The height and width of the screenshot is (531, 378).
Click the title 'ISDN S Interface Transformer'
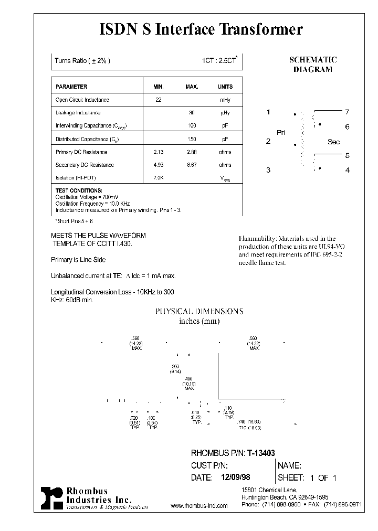[x=201, y=30]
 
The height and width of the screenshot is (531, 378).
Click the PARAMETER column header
[x=71, y=87]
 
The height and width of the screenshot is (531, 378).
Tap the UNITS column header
[x=225, y=87]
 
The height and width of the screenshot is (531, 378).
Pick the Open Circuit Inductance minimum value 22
[x=159, y=100]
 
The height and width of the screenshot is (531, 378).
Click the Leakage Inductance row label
[x=78, y=113]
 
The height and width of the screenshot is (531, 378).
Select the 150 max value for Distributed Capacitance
[x=192, y=139]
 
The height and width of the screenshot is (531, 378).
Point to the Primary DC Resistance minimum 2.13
[x=159, y=152]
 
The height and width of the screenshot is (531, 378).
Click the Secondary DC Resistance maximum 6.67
[x=192, y=165]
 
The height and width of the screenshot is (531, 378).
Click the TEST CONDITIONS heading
[x=79, y=190]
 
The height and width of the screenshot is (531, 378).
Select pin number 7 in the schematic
[x=347, y=112]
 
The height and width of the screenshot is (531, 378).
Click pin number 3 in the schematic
[x=268, y=169]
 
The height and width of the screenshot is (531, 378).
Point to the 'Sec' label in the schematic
[x=333, y=142]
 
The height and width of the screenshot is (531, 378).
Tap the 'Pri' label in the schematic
[x=281, y=133]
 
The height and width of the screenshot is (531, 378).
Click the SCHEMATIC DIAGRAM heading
[x=313, y=65]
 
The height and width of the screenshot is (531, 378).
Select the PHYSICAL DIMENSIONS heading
[x=199, y=311]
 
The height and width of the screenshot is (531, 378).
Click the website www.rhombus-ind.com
[x=199, y=506]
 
